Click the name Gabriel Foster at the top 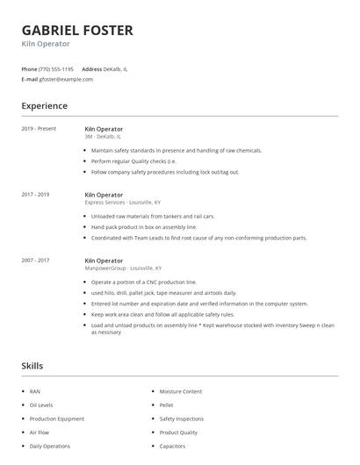(77, 31)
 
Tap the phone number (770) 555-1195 (57, 68)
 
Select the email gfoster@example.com (66, 79)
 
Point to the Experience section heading (44, 106)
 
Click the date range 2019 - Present (39, 129)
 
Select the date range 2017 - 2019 (36, 195)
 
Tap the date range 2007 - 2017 (36, 261)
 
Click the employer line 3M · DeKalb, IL (104, 136)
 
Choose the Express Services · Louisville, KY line (123, 202)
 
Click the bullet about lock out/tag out (164, 172)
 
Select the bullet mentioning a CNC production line (144, 282)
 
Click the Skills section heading (32, 366)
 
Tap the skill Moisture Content (181, 390)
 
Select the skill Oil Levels (41, 404)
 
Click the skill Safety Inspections (182, 418)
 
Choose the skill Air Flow (40, 433)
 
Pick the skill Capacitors (172, 447)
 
